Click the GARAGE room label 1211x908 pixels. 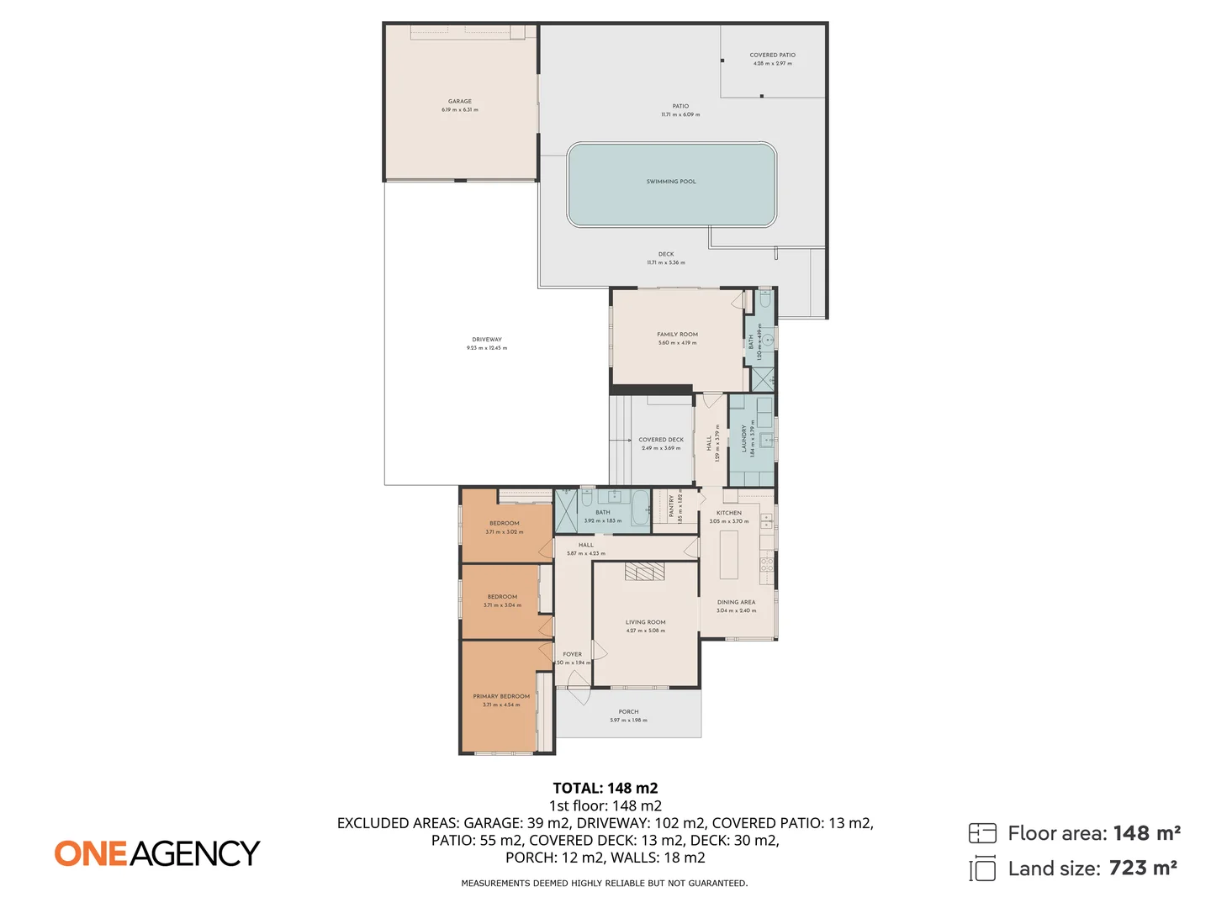pyautogui.click(x=459, y=102)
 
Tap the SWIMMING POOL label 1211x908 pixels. pyautogui.click(x=670, y=182)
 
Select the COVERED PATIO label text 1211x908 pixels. pyautogui.click(x=772, y=55)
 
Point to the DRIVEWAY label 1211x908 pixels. pyautogui.click(x=486, y=340)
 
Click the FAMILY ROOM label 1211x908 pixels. pyautogui.click(x=677, y=335)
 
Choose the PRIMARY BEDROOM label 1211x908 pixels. pyautogui.click(x=501, y=696)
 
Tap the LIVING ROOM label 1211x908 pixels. pyautogui.click(x=645, y=622)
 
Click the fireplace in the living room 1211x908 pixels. pyautogui.click(x=644, y=573)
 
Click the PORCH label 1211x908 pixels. pyautogui.click(x=628, y=711)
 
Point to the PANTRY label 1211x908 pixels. pyautogui.click(x=671, y=505)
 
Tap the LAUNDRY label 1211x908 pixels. pyautogui.click(x=744, y=438)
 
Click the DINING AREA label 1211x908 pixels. pyautogui.click(x=736, y=602)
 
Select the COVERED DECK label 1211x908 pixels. pyautogui.click(x=661, y=440)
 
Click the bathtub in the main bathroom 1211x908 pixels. pyautogui.click(x=640, y=509)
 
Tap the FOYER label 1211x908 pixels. pyautogui.click(x=572, y=654)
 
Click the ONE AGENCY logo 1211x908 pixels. pyautogui.click(x=157, y=853)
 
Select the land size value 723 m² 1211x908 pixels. pyautogui.click(x=1142, y=868)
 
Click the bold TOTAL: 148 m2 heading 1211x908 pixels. pyautogui.click(x=605, y=788)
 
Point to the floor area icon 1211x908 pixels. pyautogui.click(x=981, y=833)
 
